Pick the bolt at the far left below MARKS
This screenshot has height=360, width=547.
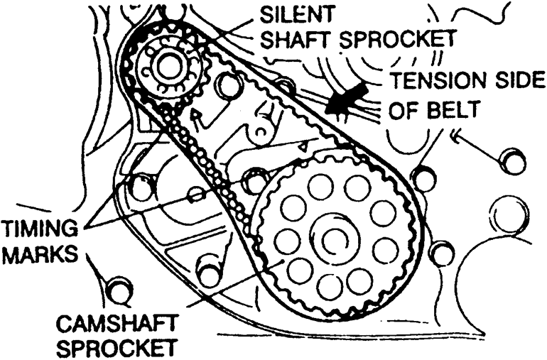point(119,290)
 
